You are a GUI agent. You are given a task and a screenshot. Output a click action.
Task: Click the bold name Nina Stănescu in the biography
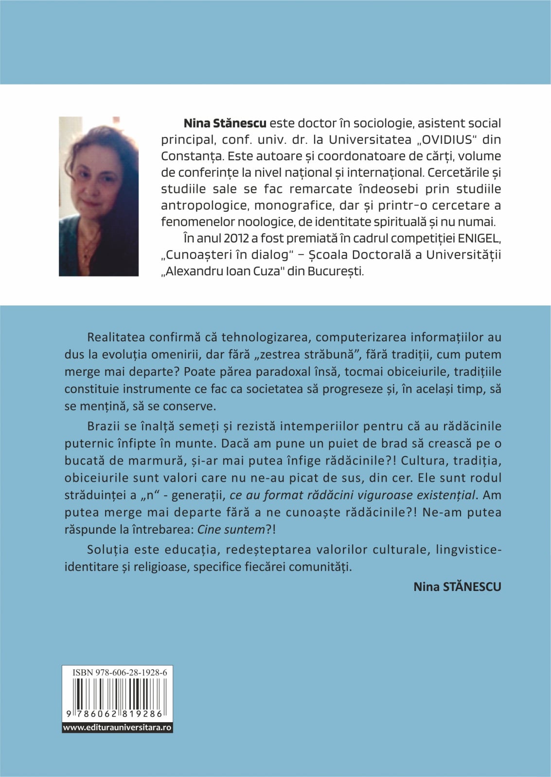coord(225,123)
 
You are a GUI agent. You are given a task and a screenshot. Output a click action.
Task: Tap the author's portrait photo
coord(99,196)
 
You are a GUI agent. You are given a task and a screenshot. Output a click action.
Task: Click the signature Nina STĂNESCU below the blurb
coord(457,587)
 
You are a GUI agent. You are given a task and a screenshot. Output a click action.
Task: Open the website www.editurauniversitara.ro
coord(117,727)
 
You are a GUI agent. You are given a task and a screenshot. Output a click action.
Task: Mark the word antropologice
coord(204,205)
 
